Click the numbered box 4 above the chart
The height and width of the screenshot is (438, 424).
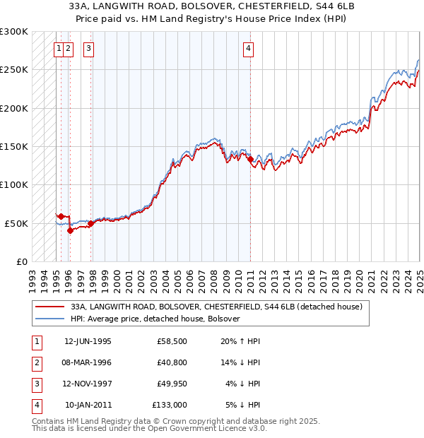pos(249,49)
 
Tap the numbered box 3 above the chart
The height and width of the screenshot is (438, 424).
pos(88,49)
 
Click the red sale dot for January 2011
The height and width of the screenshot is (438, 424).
pos(250,160)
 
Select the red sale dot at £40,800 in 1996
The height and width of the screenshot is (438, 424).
pos(70,230)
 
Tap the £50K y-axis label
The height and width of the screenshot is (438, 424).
pos(17,223)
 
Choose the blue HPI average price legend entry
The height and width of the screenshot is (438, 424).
pos(155,319)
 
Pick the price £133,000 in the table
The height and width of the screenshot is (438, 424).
pos(170,405)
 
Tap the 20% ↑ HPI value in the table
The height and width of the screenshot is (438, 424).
pos(240,341)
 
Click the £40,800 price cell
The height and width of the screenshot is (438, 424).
pos(172,362)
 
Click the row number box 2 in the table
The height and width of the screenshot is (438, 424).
pos(35,362)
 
